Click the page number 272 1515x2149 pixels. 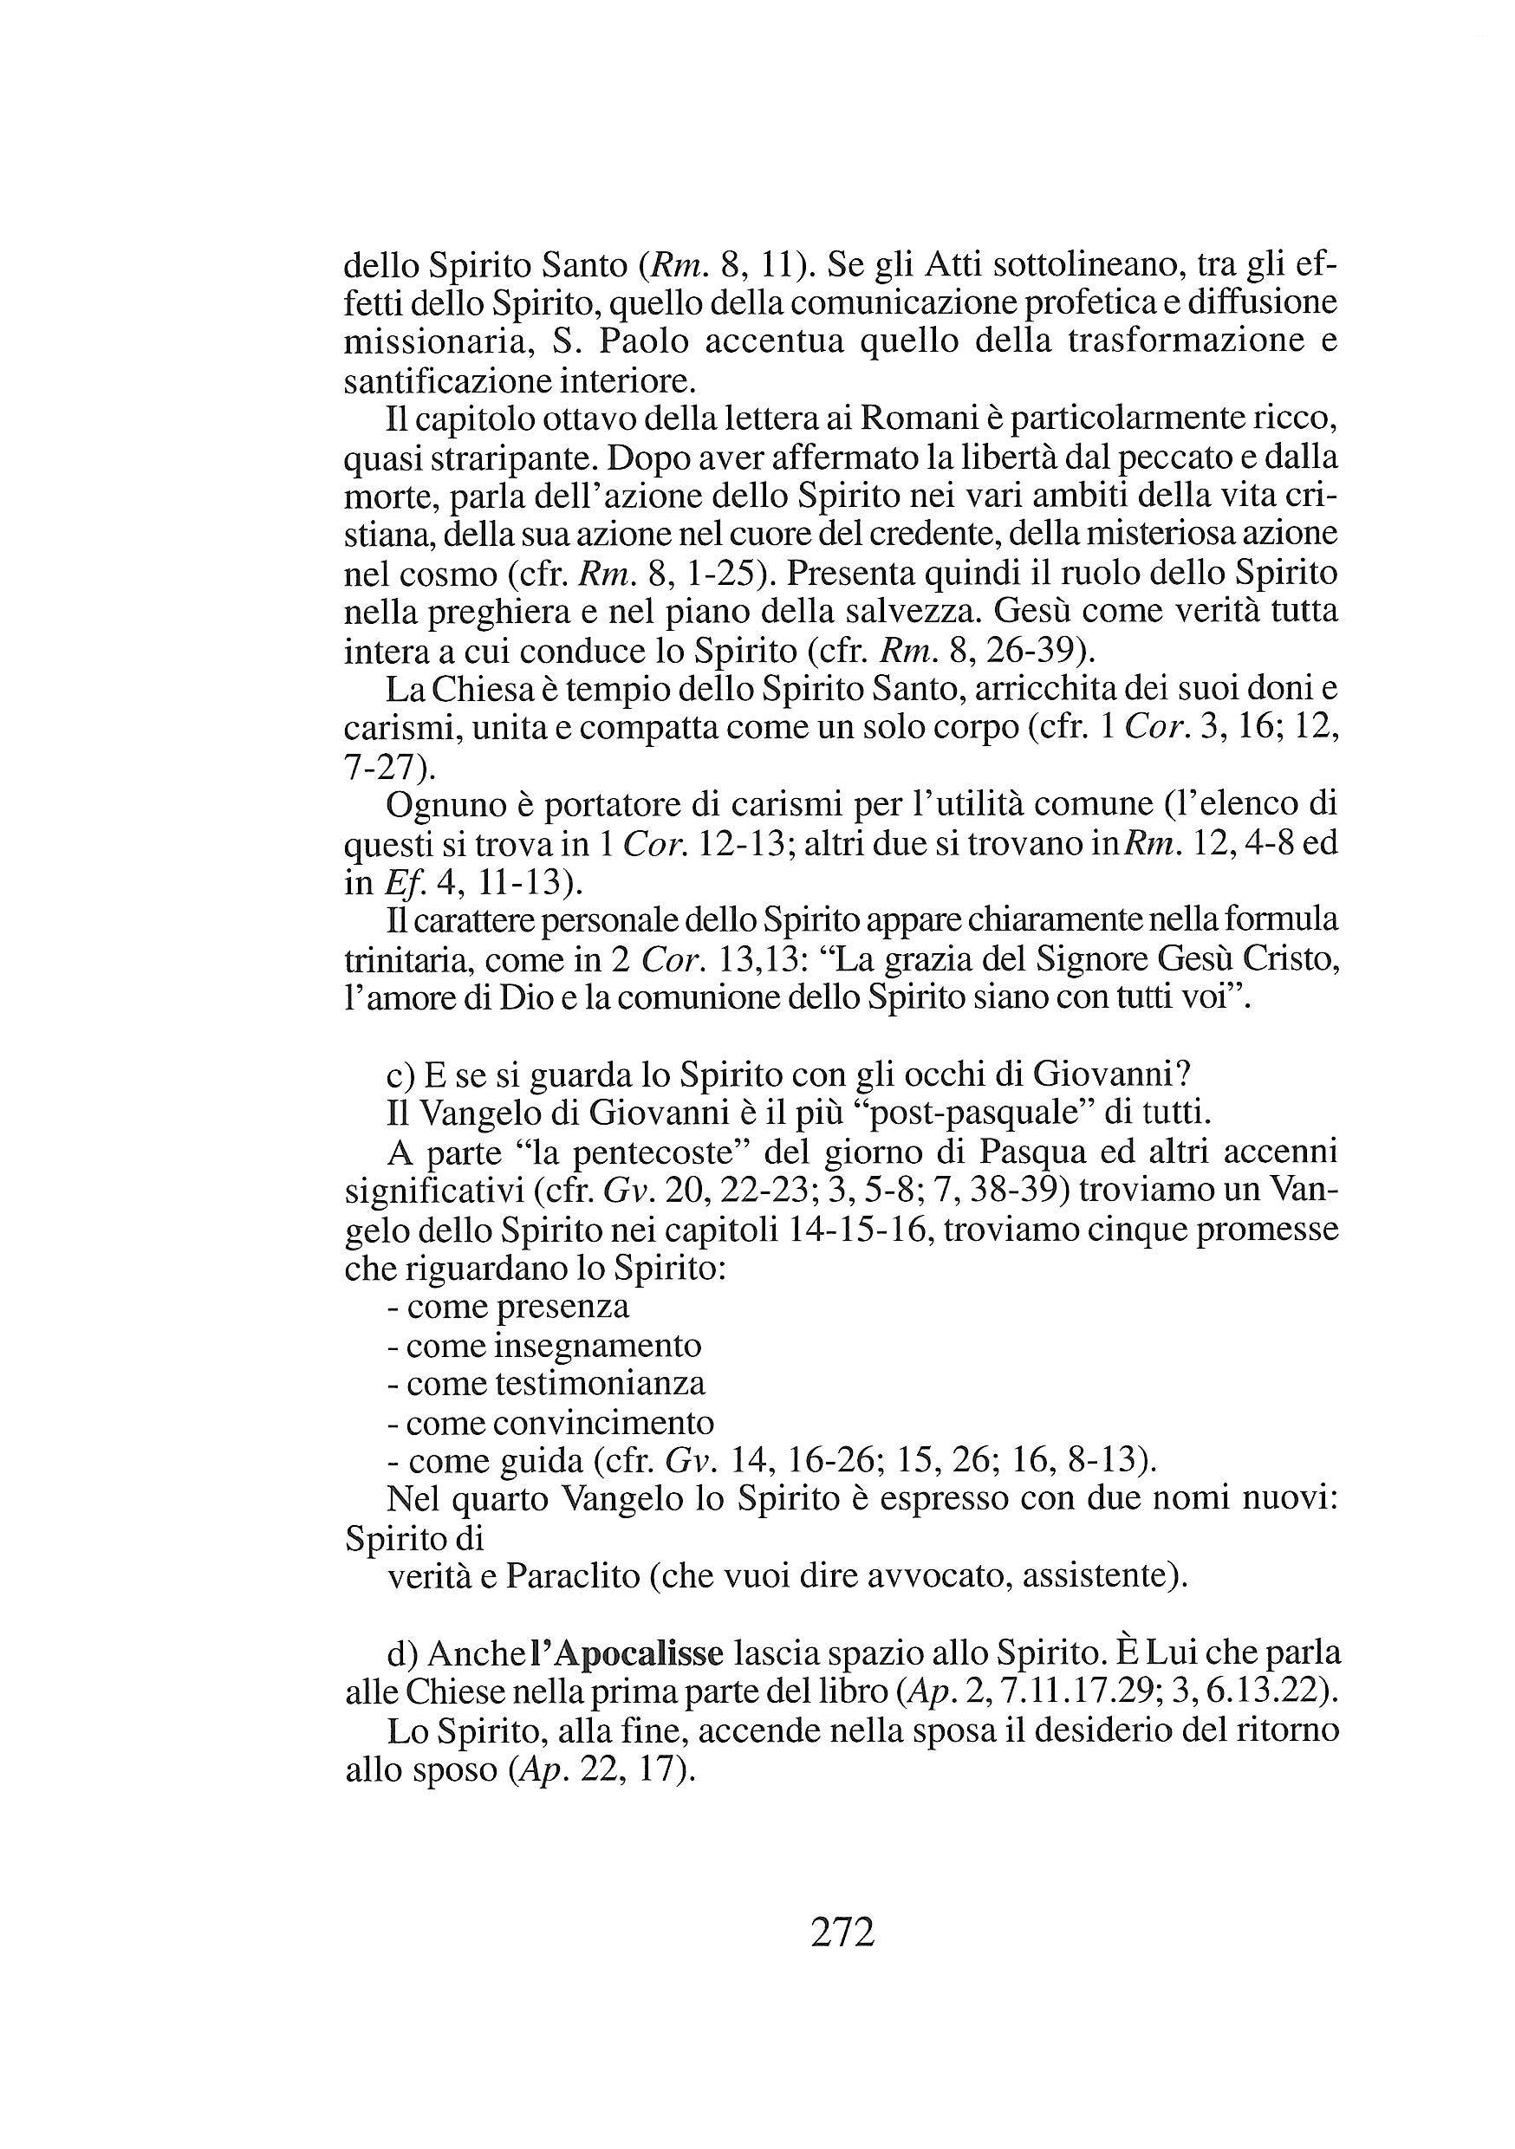(x=842, y=1932)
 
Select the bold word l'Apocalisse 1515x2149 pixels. (x=627, y=1653)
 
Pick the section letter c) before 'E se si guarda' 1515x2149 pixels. (x=401, y=1074)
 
